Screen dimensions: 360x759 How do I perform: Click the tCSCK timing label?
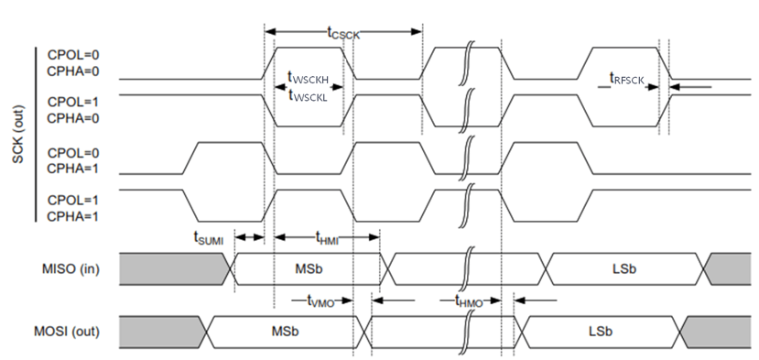point(343,32)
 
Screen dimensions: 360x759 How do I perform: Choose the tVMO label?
point(320,299)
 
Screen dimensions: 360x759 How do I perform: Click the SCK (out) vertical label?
point(18,134)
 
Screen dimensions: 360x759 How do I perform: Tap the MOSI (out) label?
point(67,330)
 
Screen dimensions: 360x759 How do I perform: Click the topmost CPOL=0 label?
point(71,54)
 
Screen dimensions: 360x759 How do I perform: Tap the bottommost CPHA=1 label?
point(71,216)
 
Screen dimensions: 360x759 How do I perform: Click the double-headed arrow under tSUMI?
point(249,236)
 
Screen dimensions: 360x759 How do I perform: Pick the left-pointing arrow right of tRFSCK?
point(691,87)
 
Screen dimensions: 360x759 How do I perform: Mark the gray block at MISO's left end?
point(174,267)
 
